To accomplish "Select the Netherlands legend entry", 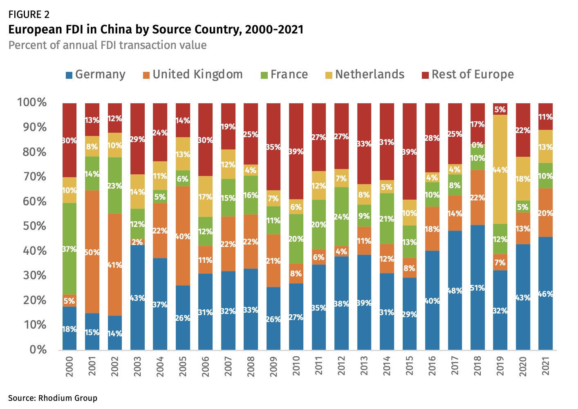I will [x=365, y=75].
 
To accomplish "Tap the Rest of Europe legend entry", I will [x=468, y=75].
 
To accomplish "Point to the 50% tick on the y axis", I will [x=31, y=226].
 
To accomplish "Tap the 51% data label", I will [x=477, y=288].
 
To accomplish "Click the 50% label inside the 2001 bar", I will [x=92, y=252].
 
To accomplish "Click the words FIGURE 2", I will [x=29, y=15].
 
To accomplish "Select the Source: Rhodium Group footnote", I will [x=52, y=398].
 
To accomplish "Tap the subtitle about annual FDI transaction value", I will [x=108, y=45].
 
